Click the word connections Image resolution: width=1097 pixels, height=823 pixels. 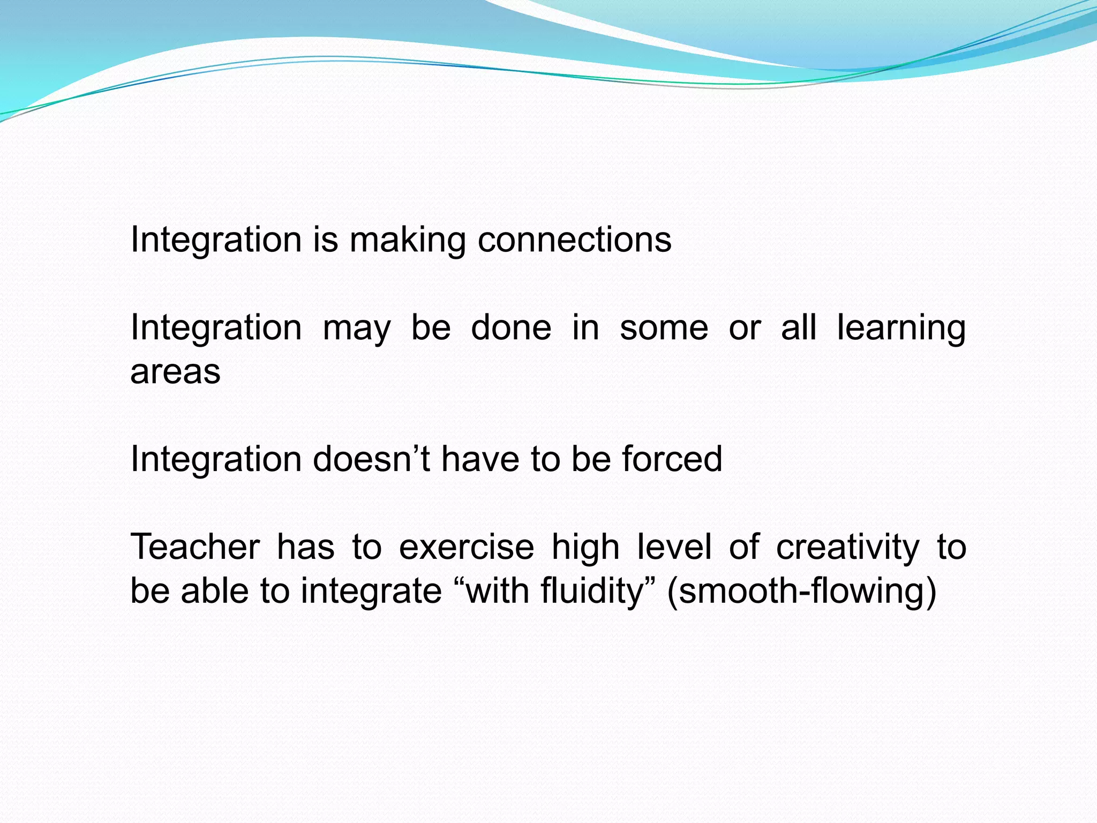tap(574, 240)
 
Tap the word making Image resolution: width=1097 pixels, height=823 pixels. tap(408, 241)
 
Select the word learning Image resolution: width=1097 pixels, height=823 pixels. tap(901, 328)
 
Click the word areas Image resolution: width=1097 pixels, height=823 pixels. tap(175, 371)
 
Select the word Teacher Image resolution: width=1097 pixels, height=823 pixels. tap(195, 547)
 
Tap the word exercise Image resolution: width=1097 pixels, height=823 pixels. tap(467, 547)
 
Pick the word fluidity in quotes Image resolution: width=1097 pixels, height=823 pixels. tap(592, 591)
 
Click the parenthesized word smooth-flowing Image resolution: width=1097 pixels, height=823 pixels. tap(801, 592)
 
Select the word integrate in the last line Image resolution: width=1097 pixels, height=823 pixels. tap(371, 592)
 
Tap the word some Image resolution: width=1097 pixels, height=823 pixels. tap(664, 328)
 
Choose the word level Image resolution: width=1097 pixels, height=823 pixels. tap(674, 547)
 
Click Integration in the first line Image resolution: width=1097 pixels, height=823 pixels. tap(216, 240)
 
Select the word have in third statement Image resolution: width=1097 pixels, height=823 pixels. tap(480, 459)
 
